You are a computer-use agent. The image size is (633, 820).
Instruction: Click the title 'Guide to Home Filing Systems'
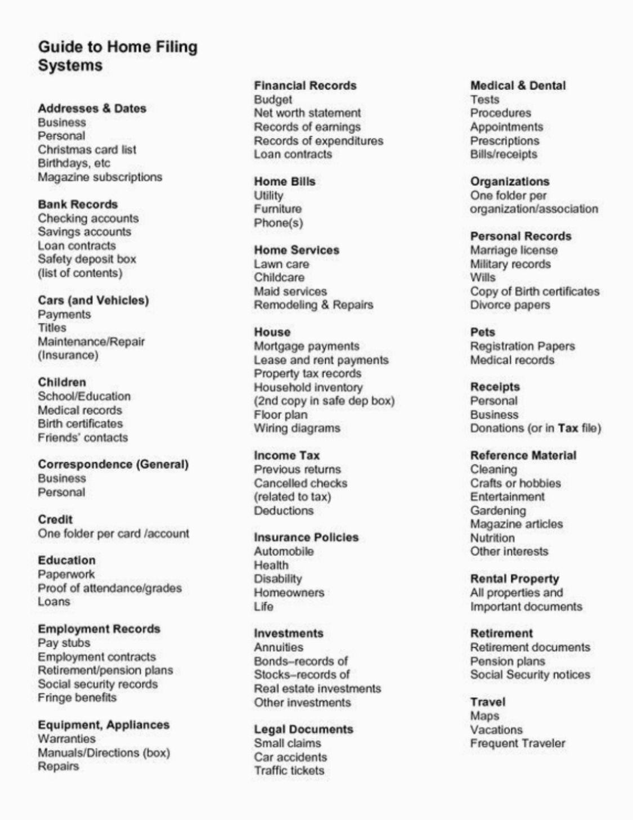(118, 56)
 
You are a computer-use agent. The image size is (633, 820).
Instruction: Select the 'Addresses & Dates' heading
(92, 109)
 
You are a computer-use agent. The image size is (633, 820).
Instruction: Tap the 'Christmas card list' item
(87, 150)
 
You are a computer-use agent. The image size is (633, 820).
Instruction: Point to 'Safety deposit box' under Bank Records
(87, 259)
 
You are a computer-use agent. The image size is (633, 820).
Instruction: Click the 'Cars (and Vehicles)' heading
(93, 301)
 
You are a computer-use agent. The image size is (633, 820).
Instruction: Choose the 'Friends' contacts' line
(83, 438)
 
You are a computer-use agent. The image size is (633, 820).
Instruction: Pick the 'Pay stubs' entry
(64, 643)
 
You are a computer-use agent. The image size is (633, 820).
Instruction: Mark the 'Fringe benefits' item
(77, 698)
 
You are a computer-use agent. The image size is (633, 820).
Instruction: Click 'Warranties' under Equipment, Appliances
(66, 739)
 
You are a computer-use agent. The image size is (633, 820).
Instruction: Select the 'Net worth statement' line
(307, 113)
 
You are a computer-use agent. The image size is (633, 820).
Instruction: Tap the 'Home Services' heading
(297, 250)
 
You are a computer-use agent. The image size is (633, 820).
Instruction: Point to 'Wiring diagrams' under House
(297, 428)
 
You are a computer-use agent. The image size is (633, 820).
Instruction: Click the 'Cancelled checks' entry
(300, 483)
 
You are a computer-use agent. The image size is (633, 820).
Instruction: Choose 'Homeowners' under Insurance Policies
(289, 593)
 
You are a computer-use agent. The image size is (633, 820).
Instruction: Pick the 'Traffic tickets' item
(289, 771)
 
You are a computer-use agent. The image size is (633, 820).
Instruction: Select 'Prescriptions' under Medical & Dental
(504, 141)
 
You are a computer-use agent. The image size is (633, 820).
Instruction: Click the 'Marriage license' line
(514, 250)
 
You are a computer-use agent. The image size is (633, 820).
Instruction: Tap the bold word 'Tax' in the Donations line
(568, 428)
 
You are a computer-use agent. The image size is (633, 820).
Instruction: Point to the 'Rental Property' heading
(514, 579)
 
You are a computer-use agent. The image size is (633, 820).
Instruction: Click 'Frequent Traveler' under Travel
(518, 743)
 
